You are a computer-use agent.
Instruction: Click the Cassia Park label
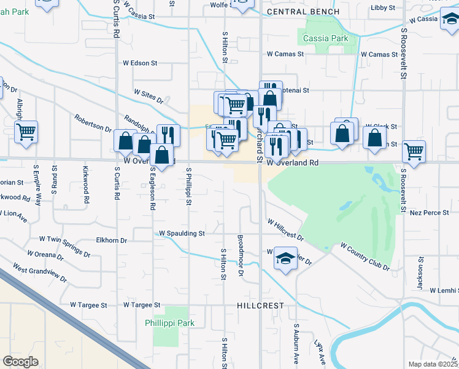(x=325, y=38)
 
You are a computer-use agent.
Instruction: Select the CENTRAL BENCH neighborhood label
(x=303, y=12)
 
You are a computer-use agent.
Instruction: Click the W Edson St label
(x=141, y=63)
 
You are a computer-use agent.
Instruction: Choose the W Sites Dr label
(x=149, y=95)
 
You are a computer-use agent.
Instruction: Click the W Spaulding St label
(x=182, y=234)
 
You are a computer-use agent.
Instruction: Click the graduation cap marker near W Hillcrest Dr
(x=285, y=258)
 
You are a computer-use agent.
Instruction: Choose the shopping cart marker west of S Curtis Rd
(x=26, y=131)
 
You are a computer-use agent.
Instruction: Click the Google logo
(x=20, y=361)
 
